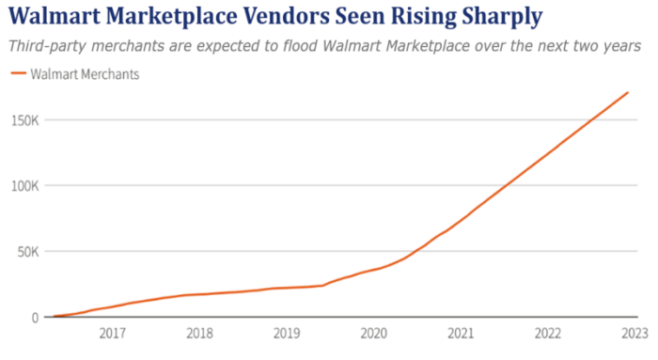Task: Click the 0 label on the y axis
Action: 35,318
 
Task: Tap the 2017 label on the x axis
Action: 112,333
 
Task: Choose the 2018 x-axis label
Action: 198,333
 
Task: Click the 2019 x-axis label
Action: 286,333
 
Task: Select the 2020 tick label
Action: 373,333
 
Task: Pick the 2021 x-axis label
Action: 460,333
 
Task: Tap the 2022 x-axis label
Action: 547,333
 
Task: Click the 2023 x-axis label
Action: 634,333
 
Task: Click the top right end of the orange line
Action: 628,92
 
